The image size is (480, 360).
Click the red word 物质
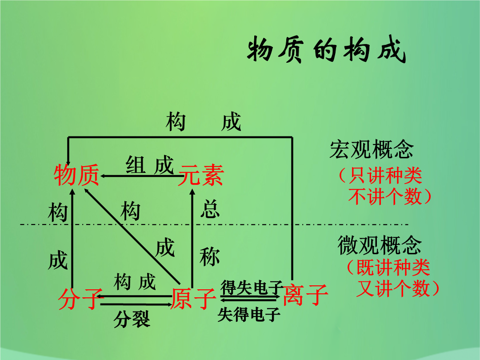point(76,175)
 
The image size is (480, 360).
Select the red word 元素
point(201,175)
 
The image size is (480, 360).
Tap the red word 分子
point(79,299)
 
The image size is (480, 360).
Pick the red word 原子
point(193,299)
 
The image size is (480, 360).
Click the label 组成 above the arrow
point(150,165)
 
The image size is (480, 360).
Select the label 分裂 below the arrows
point(132,319)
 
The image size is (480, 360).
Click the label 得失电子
point(252,287)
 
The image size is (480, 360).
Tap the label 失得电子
point(249,314)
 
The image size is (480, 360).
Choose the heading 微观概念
point(380,245)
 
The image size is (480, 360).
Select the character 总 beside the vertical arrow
point(210,209)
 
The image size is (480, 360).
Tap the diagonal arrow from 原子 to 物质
point(132,236)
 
